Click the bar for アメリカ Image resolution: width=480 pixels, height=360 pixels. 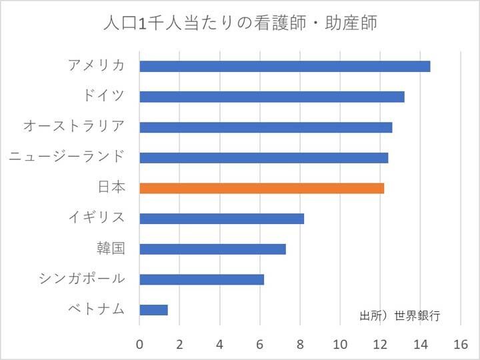point(285,66)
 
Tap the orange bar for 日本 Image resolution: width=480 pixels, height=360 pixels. point(261,188)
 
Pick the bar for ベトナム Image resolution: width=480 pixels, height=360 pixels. point(153,309)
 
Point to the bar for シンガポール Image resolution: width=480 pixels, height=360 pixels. point(201,279)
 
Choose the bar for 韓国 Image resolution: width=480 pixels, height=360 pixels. point(213,249)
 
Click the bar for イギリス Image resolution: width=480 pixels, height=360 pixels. point(221,219)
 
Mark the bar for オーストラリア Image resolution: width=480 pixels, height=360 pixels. point(265,127)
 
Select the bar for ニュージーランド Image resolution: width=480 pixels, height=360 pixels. point(263,157)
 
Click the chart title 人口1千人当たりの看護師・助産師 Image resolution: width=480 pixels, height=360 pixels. point(240,24)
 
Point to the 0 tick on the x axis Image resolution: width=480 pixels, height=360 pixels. point(139,345)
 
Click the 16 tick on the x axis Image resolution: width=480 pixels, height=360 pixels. point(461,345)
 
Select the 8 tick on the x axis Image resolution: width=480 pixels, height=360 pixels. point(300,345)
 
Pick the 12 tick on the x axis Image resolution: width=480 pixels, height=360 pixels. point(381,345)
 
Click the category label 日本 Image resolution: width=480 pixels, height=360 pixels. point(111,188)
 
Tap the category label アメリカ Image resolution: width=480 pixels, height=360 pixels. point(96,65)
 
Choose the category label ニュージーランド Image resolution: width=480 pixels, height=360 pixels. point(67,157)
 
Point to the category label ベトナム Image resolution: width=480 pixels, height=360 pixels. point(96,309)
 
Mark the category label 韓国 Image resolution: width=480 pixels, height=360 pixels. point(111,249)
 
